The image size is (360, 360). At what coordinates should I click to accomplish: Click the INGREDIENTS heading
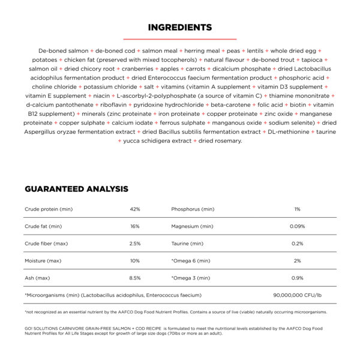[179, 27]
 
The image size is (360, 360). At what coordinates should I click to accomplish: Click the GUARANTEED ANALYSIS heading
[76, 189]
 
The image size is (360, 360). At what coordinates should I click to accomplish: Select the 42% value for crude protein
[134, 209]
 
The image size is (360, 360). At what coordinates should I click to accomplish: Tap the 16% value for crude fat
[134, 226]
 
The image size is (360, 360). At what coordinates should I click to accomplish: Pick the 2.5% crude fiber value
[134, 244]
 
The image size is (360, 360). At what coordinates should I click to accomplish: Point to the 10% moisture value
[134, 261]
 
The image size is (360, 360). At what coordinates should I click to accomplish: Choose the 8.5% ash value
[134, 278]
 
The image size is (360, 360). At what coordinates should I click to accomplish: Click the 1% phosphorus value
[297, 209]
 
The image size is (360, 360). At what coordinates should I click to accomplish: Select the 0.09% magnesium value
[297, 226]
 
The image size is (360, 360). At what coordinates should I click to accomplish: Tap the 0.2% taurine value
[297, 244]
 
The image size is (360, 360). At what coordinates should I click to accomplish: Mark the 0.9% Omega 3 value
[297, 278]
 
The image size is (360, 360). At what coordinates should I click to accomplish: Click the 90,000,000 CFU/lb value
[297, 295]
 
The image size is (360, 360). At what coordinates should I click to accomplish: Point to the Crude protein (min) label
[49, 209]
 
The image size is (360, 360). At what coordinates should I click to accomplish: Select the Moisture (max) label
[43, 261]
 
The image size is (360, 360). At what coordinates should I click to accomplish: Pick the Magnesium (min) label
[191, 226]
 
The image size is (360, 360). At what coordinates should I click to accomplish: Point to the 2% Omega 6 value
[297, 261]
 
